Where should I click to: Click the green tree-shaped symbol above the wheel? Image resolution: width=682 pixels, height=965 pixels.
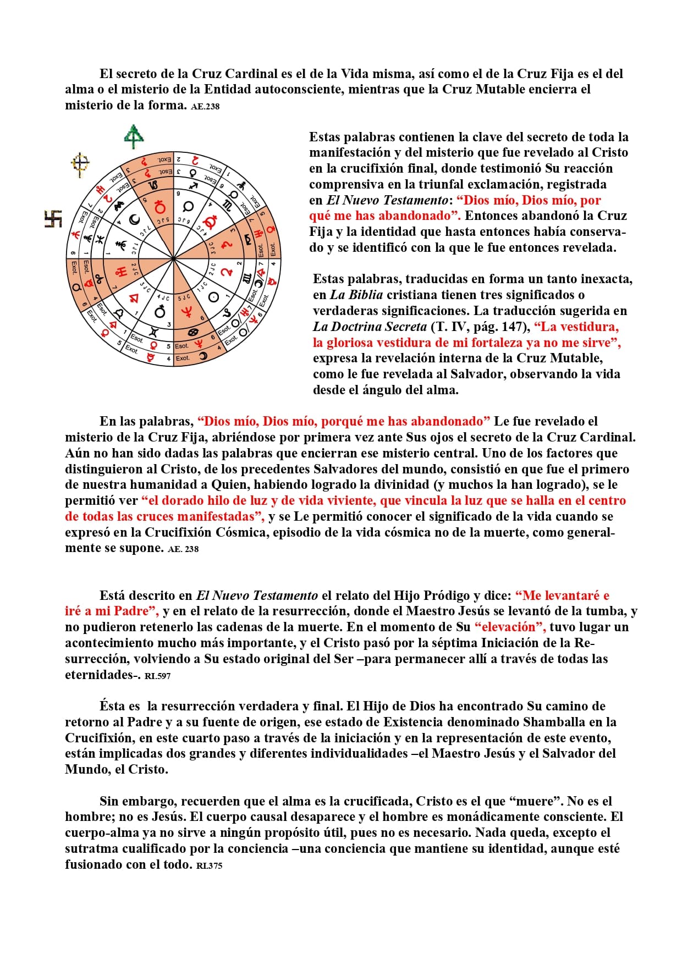click(x=134, y=136)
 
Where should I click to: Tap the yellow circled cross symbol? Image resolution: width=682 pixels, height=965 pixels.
click(x=81, y=163)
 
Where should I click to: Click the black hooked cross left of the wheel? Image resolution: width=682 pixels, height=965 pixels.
click(x=53, y=219)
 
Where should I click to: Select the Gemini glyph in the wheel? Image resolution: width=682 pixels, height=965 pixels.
click(x=153, y=332)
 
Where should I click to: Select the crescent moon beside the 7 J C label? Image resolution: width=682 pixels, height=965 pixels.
click(x=134, y=220)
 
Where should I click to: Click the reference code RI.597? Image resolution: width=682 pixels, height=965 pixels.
click(x=157, y=676)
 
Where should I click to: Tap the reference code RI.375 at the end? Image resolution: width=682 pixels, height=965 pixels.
click(x=209, y=865)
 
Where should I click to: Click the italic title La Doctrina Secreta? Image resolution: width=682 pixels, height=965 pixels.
click(x=370, y=327)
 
